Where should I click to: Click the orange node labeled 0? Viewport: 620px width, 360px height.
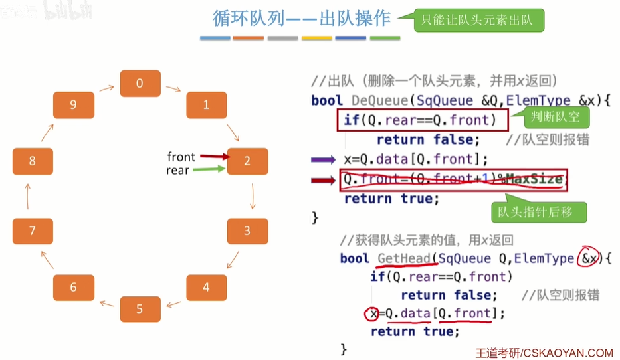[x=140, y=83]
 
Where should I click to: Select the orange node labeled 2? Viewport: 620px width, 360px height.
[x=247, y=161]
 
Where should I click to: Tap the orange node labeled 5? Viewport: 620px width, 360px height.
[x=140, y=309]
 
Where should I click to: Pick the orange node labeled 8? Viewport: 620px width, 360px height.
[x=33, y=161]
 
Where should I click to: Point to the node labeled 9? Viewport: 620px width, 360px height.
[x=73, y=105]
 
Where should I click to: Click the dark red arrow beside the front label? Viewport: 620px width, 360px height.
[x=213, y=157]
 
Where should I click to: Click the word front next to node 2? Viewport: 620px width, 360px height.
[x=181, y=157]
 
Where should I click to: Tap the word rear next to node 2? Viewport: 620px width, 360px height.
[x=177, y=171]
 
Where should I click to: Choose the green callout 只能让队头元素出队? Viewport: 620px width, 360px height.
[x=477, y=21]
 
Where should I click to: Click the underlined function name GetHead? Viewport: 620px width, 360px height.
[x=401, y=258]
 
